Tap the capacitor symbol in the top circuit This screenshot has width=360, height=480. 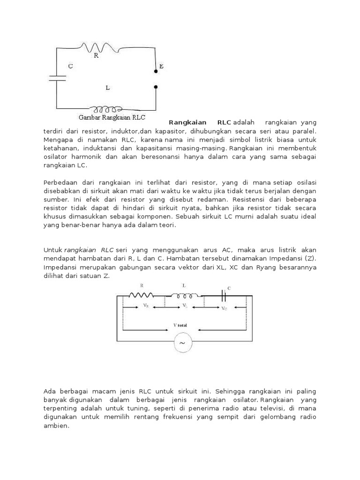click(57, 77)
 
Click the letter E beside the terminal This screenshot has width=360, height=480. click(161, 67)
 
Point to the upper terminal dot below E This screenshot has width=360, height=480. click(156, 72)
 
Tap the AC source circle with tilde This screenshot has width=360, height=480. click(182, 344)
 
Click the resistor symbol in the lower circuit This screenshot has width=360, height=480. click(141, 295)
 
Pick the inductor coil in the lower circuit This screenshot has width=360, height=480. click(183, 295)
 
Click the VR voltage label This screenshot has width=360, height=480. click(146, 305)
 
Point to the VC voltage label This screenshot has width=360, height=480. click(226, 308)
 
